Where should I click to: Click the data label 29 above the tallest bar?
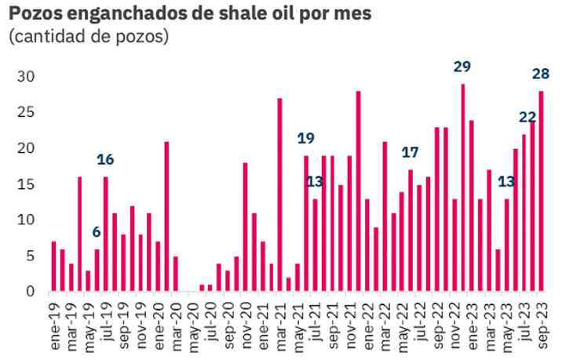(463, 67)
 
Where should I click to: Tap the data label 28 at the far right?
(541, 75)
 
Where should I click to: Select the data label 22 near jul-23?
(527, 118)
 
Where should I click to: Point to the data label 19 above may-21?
(306, 139)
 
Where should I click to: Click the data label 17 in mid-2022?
(411, 152)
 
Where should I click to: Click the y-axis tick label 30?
(27, 77)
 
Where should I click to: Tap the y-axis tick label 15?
(27, 184)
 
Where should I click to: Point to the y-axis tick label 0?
(31, 292)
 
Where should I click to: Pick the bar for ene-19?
(53, 267)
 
